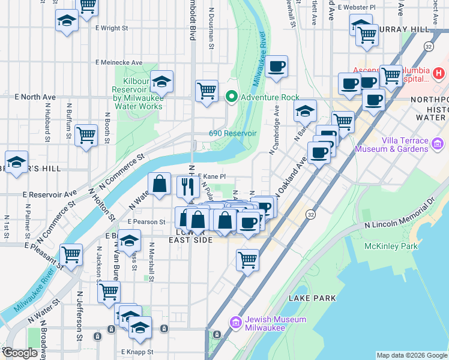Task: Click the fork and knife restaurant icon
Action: pyautogui.click(x=188, y=187)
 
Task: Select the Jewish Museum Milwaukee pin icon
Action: pyautogui.click(x=235, y=322)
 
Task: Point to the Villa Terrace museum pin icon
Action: pyautogui.click(x=438, y=144)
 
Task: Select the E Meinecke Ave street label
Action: pyautogui.click(x=119, y=62)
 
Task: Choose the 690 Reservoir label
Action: pyautogui.click(x=233, y=133)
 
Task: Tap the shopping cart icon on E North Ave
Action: pyautogui.click(x=206, y=91)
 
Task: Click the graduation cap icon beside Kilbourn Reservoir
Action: pyautogui.click(x=161, y=81)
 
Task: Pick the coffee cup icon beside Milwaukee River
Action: pyautogui.click(x=276, y=67)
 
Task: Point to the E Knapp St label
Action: pyautogui.click(x=137, y=352)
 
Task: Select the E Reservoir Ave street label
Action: pyautogui.click(x=50, y=194)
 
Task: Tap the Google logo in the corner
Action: pyautogui.click(x=20, y=353)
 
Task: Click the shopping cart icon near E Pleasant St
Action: pyautogui.click(x=71, y=254)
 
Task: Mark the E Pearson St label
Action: pyautogui.click(x=146, y=221)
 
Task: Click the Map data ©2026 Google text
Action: pyautogui.click(x=411, y=355)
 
